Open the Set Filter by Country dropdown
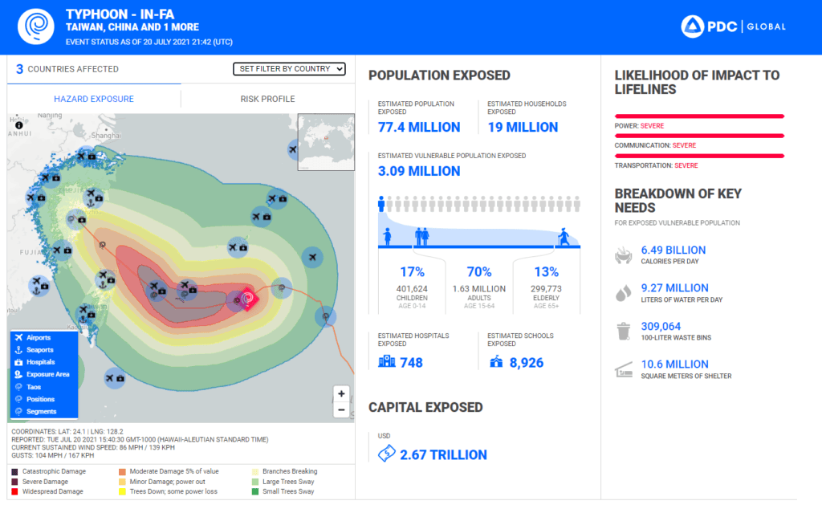(289, 69)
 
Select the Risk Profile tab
(267, 99)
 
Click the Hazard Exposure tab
(94, 99)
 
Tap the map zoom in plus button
(342, 394)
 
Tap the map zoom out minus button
(342, 409)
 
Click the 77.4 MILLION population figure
(419, 127)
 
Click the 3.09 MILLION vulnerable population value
(419, 171)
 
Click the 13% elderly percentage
(546, 272)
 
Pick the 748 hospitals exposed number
(411, 363)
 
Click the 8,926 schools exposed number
(526, 363)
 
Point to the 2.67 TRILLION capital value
(443, 455)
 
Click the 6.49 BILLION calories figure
(673, 250)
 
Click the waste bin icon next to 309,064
(623, 332)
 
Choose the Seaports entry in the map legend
(39, 350)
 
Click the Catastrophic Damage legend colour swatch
(15, 471)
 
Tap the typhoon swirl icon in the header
(34, 26)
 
